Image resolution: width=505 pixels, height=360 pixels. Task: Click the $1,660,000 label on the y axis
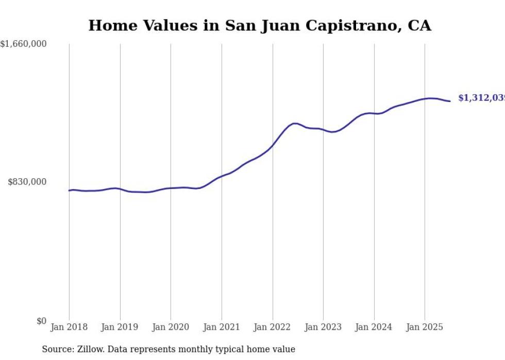tap(24, 44)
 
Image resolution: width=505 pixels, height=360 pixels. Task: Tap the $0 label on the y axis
tap(41, 321)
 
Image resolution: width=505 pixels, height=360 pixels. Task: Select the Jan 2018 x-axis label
tap(69, 327)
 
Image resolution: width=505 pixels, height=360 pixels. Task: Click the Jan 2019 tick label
tap(120, 327)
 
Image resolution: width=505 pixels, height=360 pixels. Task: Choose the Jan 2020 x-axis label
tap(171, 327)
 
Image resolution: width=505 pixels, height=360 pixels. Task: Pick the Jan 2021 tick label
tap(222, 327)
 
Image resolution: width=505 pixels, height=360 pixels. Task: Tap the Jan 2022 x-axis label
tap(273, 327)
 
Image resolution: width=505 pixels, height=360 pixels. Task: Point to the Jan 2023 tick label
tap(323, 327)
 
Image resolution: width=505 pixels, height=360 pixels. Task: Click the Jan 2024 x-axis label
tap(374, 327)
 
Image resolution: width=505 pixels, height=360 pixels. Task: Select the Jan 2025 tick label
tap(425, 327)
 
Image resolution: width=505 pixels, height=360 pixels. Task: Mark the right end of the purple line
tap(450, 101)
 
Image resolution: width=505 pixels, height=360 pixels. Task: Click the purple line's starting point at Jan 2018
tap(69, 191)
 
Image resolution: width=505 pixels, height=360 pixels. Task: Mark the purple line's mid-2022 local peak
tap(295, 123)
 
